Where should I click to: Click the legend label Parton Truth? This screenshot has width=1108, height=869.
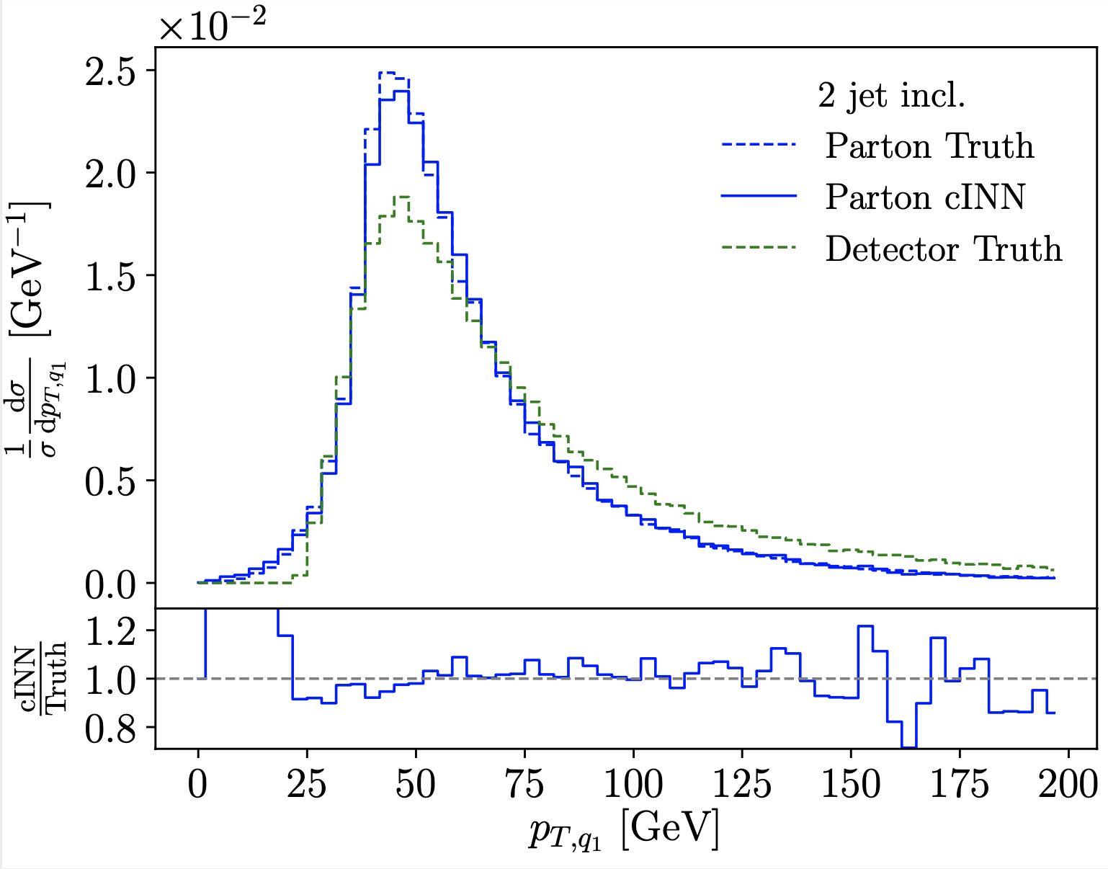click(x=929, y=146)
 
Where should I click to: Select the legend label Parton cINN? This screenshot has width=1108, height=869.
click(x=925, y=197)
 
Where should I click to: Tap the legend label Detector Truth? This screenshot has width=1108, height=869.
click(x=944, y=249)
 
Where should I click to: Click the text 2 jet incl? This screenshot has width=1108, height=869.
click(x=891, y=96)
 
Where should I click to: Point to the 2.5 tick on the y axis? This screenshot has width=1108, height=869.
click(x=115, y=71)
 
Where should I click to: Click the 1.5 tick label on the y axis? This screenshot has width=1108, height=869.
click(x=115, y=275)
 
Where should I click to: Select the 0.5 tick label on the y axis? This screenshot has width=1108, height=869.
click(x=115, y=481)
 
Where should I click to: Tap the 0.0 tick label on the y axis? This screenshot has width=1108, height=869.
click(x=115, y=583)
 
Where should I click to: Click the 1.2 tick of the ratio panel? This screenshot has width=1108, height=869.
click(x=115, y=630)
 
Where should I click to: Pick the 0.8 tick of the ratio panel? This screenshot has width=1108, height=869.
click(x=115, y=727)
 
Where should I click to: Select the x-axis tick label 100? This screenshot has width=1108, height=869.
click(x=633, y=785)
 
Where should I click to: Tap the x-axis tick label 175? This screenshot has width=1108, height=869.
click(x=960, y=785)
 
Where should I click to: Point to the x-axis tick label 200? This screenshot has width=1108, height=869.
click(x=1068, y=785)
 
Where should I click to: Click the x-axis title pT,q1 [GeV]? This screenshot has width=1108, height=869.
click(x=624, y=832)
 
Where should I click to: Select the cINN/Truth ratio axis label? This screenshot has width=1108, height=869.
click(x=45, y=678)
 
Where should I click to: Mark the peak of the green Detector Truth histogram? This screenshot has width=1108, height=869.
click(x=402, y=197)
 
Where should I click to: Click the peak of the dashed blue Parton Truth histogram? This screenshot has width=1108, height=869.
click(x=387, y=73)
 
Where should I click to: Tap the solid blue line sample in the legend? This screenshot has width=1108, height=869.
click(x=759, y=196)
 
